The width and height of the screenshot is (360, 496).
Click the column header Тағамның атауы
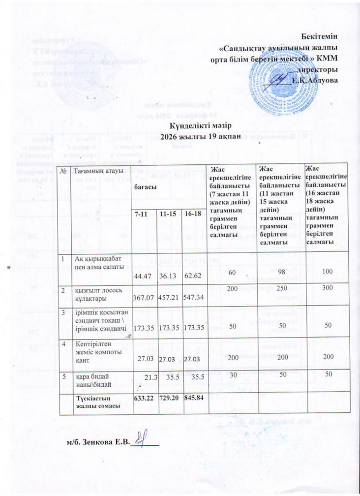click(96, 170)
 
